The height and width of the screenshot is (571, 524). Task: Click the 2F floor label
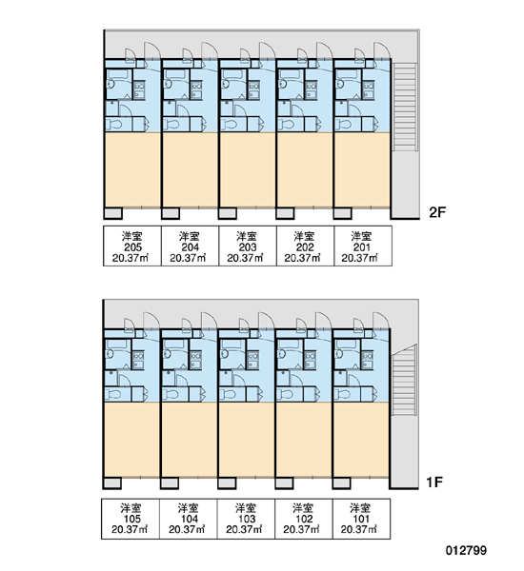[437, 212]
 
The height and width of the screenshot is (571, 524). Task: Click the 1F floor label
[434, 482]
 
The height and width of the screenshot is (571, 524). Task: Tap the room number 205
[132, 247]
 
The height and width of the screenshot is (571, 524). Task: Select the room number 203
[248, 247]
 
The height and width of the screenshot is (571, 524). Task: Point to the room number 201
[362, 247]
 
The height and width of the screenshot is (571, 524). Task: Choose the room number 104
[190, 519]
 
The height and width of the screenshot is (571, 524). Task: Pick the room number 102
[304, 519]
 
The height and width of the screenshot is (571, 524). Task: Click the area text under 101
[359, 529]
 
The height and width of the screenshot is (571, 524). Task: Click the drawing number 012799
[466, 550]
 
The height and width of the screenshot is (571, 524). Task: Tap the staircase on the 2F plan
[405, 107]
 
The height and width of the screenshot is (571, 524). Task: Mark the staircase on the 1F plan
[404, 380]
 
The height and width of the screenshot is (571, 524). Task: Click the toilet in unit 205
[114, 125]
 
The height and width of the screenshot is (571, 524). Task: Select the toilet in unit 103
[228, 394]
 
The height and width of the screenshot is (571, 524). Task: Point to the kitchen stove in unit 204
[196, 90]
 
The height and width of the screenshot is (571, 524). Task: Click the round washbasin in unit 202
[283, 84]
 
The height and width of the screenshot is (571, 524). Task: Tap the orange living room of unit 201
[362, 170]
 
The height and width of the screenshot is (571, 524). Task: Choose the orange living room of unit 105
[131, 439]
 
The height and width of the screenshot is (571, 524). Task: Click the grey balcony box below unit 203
[228, 213]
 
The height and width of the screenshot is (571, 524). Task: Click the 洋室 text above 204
[190, 237]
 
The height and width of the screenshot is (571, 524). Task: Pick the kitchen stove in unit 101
[367, 360]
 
